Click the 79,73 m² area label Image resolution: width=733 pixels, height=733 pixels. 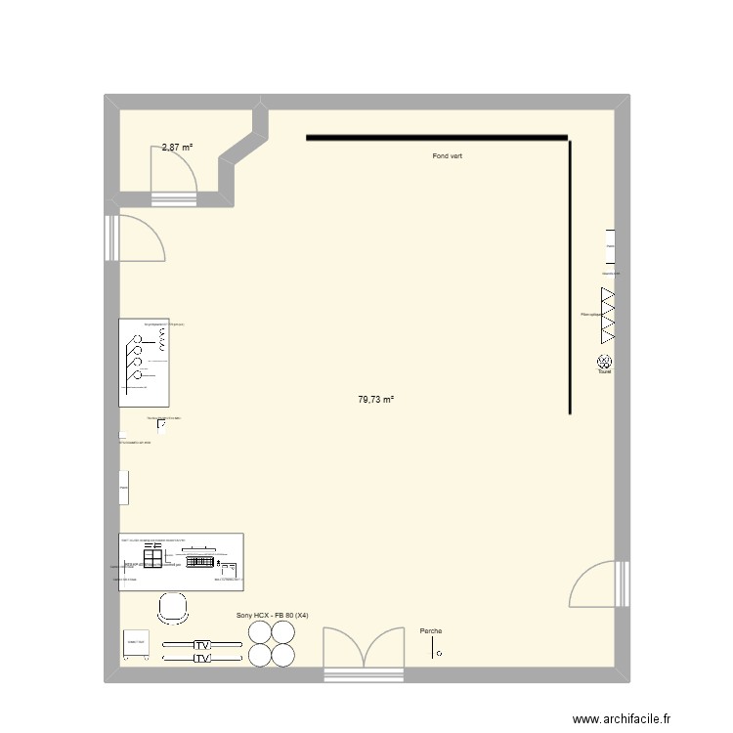point(375,400)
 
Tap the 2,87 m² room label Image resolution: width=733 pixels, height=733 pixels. point(177,148)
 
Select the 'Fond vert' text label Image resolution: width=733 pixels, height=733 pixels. point(447,156)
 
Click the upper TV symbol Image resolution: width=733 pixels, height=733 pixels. point(201,646)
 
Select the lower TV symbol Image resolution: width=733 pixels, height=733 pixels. point(201,660)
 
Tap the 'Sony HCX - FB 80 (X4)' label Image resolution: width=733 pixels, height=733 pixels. point(273,616)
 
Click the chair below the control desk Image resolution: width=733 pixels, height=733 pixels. point(172,608)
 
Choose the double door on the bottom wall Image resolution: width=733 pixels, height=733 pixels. point(363,650)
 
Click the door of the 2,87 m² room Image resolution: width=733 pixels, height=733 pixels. point(174,180)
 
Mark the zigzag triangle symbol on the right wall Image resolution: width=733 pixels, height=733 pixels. point(608,314)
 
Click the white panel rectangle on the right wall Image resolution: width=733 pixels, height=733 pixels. point(610,246)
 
